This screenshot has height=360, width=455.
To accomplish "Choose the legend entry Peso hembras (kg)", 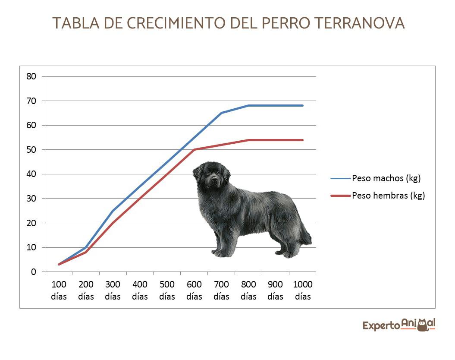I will pyautogui.click(x=388, y=196).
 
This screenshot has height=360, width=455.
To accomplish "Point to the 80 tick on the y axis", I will pyautogui.click(x=31, y=76).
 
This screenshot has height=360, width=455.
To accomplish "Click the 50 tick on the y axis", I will pyautogui.click(x=31, y=150).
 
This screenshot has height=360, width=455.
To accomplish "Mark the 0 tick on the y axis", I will pyautogui.click(x=33, y=272).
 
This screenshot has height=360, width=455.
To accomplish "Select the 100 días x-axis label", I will pyautogui.click(x=59, y=291).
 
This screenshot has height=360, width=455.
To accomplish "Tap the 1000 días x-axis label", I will pyautogui.click(x=302, y=291).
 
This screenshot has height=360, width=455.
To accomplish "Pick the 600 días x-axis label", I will pyautogui.click(x=194, y=291).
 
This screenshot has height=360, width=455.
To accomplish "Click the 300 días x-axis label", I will pyautogui.click(x=113, y=291).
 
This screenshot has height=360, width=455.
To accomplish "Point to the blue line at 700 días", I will pyautogui.click(x=221, y=113).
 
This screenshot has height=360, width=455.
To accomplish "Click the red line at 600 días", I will pyautogui.click(x=194, y=150).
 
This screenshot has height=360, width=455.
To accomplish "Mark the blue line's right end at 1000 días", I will pyautogui.click(x=302, y=105).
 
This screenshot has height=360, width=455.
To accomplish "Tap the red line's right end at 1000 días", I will pyautogui.click(x=302, y=140).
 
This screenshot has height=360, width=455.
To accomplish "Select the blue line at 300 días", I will pyautogui.click(x=113, y=211).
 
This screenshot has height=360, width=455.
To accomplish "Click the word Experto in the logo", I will pyautogui.click(x=381, y=325).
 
